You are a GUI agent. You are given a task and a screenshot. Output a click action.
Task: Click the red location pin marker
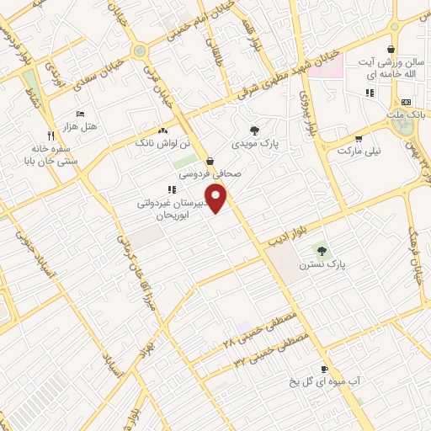coord(217,199)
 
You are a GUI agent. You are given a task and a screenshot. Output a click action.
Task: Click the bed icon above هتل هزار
coord(81,114)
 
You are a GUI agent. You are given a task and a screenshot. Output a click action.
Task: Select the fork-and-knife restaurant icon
coord(51,135)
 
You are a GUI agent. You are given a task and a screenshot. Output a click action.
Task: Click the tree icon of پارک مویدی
coord(254,130)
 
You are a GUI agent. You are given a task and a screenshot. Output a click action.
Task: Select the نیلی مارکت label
coord(359,151)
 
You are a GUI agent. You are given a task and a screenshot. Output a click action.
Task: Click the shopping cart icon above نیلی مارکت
coord(359,139)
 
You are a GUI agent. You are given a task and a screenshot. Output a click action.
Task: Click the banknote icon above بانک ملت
coord(406,102)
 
